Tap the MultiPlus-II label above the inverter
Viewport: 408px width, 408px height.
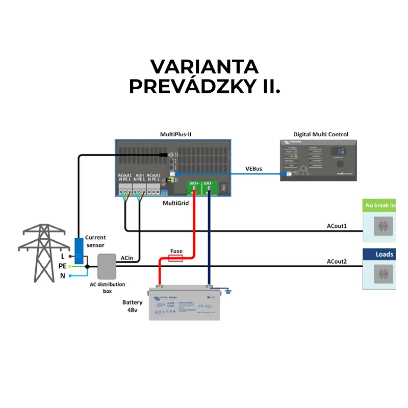[x=175, y=135]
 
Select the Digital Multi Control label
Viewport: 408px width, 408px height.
[x=320, y=135]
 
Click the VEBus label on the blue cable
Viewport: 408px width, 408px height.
[x=253, y=168]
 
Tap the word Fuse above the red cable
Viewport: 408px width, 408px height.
[x=176, y=251]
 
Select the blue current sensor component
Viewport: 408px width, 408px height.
[x=79, y=251]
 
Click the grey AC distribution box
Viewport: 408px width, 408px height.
[x=107, y=266]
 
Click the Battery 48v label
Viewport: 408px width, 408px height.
[x=132, y=306]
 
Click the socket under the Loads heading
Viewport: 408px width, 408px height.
[x=384, y=274]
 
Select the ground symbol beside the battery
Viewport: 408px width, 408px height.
[x=228, y=292]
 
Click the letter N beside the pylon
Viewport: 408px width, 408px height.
[x=63, y=276]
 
